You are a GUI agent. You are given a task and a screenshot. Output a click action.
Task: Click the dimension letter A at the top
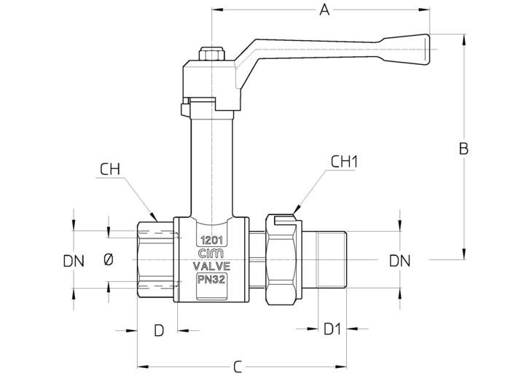(x=324, y=10)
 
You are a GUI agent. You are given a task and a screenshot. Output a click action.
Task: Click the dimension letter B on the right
(x=463, y=149)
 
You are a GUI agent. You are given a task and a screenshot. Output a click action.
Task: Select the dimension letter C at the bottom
(x=238, y=367)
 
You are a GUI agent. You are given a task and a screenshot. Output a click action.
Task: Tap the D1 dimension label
(x=332, y=329)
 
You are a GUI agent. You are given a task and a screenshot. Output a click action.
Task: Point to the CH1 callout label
(x=344, y=162)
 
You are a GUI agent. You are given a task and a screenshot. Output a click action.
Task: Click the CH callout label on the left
(x=110, y=169)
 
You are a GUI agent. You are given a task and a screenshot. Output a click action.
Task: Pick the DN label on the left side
(x=74, y=261)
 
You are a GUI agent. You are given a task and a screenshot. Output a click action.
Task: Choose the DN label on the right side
(x=399, y=261)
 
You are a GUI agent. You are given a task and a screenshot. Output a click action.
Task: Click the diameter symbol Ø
(x=109, y=260)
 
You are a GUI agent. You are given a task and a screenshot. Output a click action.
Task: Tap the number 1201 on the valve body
(x=212, y=240)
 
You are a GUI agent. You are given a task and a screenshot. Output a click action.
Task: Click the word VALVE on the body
(x=211, y=266)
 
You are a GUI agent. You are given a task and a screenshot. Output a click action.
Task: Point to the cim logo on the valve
(x=211, y=254)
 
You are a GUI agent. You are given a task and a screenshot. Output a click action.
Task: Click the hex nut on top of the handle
(x=212, y=54)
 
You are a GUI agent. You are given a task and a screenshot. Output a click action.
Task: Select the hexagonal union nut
(x=281, y=259)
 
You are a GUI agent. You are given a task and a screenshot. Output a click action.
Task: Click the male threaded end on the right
(x=332, y=259)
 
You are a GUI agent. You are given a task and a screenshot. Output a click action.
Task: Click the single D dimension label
(x=159, y=330)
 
